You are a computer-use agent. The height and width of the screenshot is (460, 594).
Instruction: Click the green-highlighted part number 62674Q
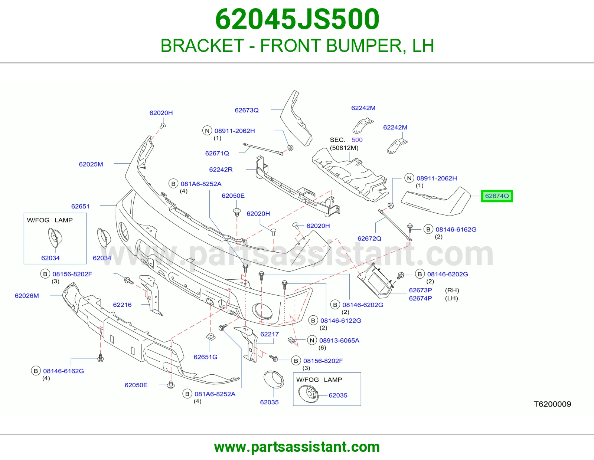tap(497, 196)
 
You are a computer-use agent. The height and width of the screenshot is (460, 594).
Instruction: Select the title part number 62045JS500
tap(297, 19)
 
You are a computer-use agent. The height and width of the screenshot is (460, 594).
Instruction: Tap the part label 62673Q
tap(247, 110)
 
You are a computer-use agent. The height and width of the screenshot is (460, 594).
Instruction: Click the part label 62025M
tap(91, 164)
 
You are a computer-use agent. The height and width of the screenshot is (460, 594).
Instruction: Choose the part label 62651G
tap(205, 357)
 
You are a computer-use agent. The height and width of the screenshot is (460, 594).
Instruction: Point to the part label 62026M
tap(27, 296)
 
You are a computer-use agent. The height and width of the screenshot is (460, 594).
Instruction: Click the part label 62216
tap(122, 305)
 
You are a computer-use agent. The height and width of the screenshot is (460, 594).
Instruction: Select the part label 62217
tap(270, 334)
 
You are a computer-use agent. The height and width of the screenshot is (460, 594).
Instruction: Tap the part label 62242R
tap(221, 170)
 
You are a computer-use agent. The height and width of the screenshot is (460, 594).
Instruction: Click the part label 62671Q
tap(217, 153)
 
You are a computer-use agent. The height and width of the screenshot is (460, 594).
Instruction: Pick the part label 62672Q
tap(369, 239)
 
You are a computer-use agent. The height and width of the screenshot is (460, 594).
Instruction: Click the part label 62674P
tap(420, 298)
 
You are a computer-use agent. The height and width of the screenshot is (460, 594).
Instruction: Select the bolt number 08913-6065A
tap(339, 340)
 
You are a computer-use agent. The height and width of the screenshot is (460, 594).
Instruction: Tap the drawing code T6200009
tap(552, 404)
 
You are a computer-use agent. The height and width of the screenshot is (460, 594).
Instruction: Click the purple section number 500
tap(357, 140)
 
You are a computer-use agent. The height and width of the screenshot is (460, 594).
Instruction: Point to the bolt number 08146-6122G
tap(340, 321)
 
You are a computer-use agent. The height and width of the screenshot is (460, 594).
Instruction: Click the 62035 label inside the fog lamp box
tap(338, 395)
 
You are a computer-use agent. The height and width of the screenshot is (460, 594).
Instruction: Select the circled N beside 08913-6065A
tap(312, 340)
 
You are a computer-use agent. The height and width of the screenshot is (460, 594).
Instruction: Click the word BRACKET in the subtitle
tap(202, 46)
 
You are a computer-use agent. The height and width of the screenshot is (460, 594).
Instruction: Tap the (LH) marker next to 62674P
tap(451, 298)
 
